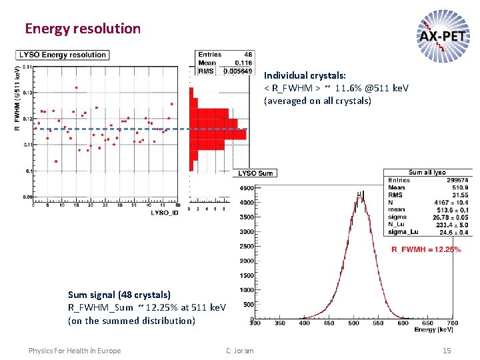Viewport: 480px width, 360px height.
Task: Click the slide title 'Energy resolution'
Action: click(x=83, y=29)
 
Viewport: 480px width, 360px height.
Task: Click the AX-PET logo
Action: click(x=442, y=34)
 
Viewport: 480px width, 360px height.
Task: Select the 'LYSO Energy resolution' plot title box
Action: click(x=63, y=55)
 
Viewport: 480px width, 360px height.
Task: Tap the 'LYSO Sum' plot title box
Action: click(x=256, y=173)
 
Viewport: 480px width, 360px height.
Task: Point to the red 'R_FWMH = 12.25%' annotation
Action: click(x=427, y=249)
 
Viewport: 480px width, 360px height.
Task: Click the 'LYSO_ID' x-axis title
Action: click(x=165, y=212)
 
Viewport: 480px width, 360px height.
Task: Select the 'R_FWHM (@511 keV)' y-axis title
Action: click(x=17, y=97)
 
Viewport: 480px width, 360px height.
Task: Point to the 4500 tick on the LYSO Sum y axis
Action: click(x=246, y=188)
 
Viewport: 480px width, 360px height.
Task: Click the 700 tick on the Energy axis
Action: click(x=451, y=324)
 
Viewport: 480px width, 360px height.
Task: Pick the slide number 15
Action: click(x=447, y=351)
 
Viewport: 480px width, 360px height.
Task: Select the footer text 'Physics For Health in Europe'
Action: click(x=75, y=351)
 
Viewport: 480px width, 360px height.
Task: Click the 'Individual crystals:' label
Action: click(x=305, y=75)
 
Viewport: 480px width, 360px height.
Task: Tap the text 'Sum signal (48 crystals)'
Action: click(x=119, y=294)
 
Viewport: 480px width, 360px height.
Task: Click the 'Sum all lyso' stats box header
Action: click(x=427, y=173)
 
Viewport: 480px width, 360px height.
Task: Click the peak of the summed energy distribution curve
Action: click(x=361, y=195)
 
